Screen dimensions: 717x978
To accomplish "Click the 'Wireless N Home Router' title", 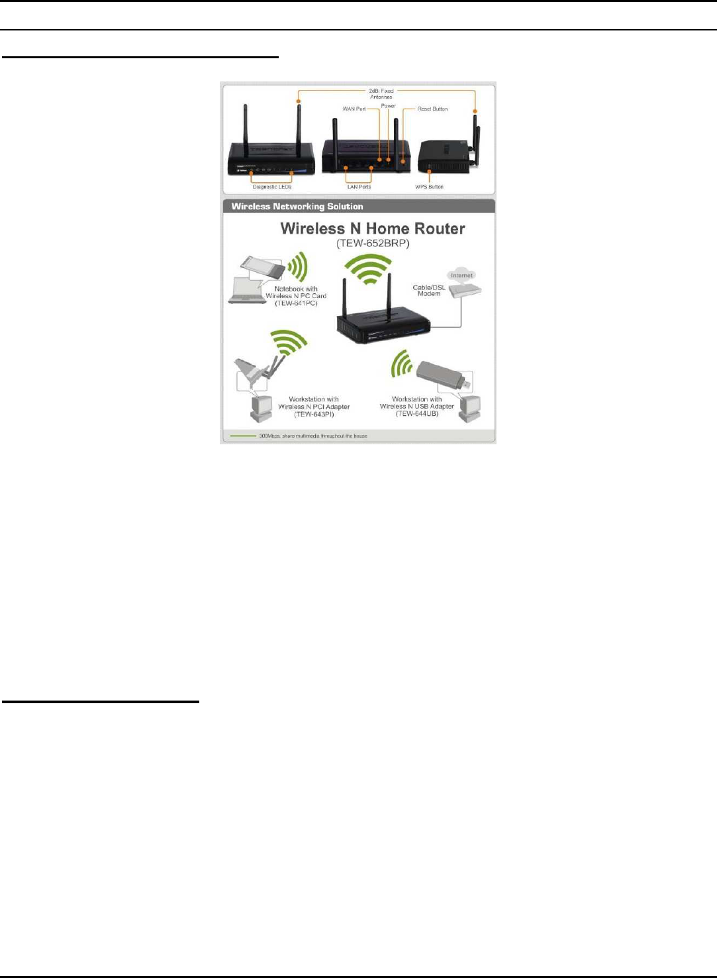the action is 373,228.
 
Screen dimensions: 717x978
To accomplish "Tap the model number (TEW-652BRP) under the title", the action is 373,244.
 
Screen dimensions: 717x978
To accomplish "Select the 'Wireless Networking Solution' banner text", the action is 297,207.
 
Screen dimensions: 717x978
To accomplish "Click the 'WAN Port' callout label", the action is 354,109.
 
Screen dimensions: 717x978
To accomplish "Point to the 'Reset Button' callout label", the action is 432,109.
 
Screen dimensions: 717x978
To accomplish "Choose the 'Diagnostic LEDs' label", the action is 271,187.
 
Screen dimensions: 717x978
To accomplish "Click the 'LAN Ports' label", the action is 359,187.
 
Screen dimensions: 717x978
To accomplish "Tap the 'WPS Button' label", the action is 429,187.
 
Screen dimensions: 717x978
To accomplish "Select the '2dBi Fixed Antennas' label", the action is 381,93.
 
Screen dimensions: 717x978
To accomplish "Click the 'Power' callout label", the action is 388,106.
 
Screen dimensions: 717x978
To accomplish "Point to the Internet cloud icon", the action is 461,275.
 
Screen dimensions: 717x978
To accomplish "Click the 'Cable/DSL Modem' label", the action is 429,290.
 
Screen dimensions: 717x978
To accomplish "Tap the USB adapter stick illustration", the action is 440,375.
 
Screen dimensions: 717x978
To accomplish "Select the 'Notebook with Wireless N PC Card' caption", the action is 296,296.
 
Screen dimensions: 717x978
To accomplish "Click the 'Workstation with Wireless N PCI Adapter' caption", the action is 314,407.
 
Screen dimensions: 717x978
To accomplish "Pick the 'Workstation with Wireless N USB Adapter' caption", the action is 417,407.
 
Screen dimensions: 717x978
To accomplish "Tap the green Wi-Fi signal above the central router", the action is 369,268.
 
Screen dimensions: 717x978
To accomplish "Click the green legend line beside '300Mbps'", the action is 242,436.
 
